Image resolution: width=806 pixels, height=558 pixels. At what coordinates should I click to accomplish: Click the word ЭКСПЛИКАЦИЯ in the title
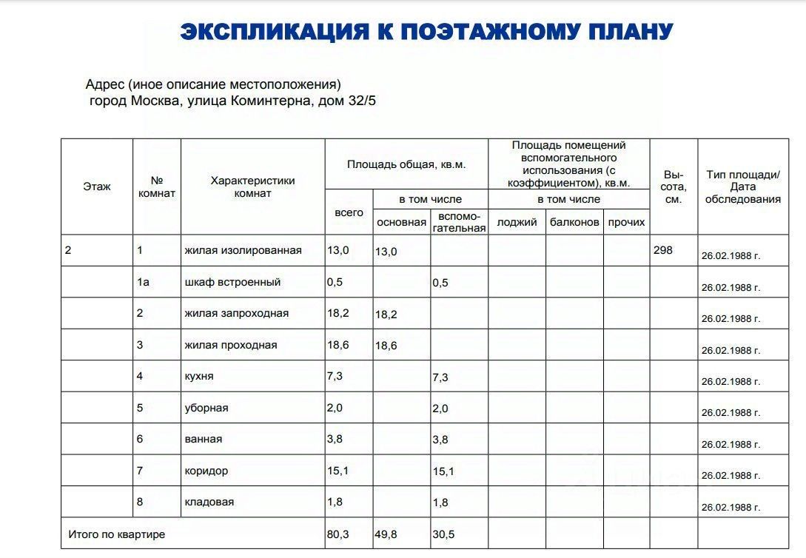274,32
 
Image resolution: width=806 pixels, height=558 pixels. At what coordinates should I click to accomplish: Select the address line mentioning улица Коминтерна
232,101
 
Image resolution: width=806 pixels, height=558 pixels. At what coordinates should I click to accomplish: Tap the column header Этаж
97,186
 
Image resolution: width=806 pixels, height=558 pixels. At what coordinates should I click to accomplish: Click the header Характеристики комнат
252,186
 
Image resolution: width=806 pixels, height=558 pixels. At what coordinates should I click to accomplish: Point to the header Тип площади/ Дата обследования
743,186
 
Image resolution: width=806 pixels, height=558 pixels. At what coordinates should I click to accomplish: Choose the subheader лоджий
517,222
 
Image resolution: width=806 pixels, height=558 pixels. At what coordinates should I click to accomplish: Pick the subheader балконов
574,222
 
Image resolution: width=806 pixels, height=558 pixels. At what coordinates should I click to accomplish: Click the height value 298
663,250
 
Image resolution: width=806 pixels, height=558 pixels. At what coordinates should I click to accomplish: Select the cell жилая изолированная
243,250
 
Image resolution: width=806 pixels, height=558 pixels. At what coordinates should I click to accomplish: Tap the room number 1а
143,282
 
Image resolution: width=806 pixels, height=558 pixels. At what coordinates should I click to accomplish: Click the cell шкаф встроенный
232,282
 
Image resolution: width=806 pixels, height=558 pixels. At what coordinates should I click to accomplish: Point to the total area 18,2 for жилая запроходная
338,313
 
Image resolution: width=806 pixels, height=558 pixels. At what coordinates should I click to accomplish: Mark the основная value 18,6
386,346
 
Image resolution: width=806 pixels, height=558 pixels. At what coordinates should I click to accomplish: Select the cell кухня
199,376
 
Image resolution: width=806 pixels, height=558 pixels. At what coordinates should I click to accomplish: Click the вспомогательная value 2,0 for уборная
440,409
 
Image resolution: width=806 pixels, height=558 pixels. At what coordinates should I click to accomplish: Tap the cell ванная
204,439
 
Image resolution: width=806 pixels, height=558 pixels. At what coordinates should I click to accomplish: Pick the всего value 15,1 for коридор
338,471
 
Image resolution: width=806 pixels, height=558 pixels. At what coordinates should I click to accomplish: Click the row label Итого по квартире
117,534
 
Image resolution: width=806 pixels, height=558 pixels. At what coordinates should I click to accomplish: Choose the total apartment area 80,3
338,534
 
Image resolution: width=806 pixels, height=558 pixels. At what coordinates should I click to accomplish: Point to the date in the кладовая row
731,508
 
